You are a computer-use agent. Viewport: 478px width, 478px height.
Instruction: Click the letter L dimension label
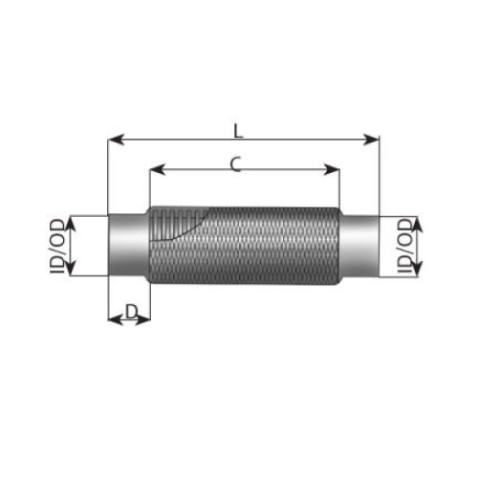tap(238, 131)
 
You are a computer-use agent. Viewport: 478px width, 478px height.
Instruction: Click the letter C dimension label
tap(236, 164)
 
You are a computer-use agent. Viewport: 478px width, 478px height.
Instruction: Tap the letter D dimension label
tap(131, 312)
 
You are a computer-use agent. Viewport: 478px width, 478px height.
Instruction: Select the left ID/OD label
tap(57, 247)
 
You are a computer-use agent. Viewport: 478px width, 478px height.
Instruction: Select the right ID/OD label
tap(405, 246)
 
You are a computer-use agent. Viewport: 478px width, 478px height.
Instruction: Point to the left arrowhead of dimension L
tap(116, 140)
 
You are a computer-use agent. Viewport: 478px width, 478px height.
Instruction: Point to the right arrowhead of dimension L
tap(371, 140)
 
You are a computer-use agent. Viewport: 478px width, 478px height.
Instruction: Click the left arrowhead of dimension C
tap(158, 169)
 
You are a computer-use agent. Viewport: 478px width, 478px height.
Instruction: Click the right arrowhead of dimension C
tap(332, 169)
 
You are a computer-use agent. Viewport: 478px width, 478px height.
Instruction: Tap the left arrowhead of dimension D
tap(115, 319)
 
